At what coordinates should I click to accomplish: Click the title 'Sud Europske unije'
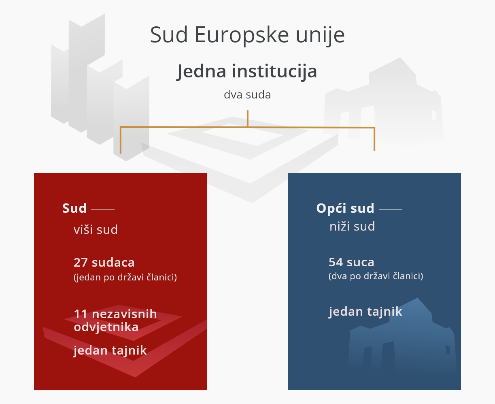[x=247, y=35]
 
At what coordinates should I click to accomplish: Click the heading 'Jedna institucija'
[x=247, y=72]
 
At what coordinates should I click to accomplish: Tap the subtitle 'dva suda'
[x=247, y=95]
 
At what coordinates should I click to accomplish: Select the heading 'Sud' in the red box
[x=74, y=208]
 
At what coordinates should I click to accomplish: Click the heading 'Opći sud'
[x=345, y=208]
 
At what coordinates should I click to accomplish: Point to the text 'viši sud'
[x=96, y=230]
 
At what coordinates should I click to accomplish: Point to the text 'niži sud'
[x=352, y=226]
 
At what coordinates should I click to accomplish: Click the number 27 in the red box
[x=81, y=263]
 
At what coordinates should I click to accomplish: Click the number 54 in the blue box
[x=336, y=262]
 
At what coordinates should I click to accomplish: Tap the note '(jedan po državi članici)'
[x=125, y=278]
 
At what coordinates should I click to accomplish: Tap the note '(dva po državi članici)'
[x=376, y=276]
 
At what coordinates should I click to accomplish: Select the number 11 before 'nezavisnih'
[x=81, y=314]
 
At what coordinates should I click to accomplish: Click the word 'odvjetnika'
[x=106, y=327]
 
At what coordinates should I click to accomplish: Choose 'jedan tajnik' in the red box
[x=110, y=350]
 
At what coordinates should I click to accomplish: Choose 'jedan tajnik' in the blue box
[x=365, y=312]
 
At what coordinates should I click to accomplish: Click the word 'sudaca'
[x=113, y=263]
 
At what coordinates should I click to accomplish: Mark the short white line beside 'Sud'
[x=103, y=209]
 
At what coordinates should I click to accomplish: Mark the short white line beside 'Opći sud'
[x=391, y=209]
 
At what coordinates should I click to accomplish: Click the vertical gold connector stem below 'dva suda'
[x=247, y=118]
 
